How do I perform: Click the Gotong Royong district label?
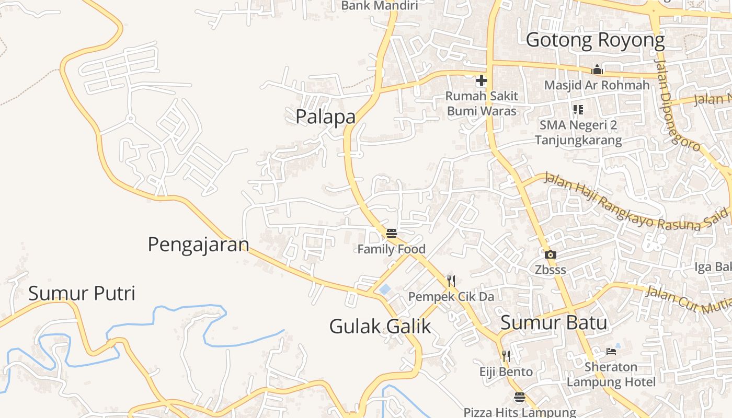pyautogui.click(x=595, y=40)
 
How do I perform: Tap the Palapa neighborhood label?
pyautogui.click(x=325, y=117)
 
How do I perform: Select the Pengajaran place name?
pyautogui.click(x=198, y=244)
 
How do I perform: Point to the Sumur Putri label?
pyautogui.click(x=82, y=293)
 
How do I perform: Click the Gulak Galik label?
pyautogui.click(x=380, y=327)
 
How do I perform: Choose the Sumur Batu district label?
pyautogui.click(x=554, y=322)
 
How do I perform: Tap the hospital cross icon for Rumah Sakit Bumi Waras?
pyautogui.click(x=481, y=80)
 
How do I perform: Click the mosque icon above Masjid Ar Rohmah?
pyautogui.click(x=597, y=70)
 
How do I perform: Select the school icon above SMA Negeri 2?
pyautogui.click(x=578, y=110)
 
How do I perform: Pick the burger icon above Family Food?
pyautogui.click(x=392, y=233)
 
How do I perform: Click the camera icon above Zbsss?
pyautogui.click(x=550, y=255)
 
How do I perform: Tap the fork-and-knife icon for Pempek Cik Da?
pyautogui.click(x=451, y=281)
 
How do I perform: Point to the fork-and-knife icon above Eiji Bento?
pyautogui.click(x=506, y=356)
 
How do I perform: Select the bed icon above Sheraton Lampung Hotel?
pyautogui.click(x=611, y=351)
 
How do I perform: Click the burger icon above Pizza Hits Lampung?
pyautogui.click(x=519, y=397)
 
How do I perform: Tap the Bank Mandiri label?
pyautogui.click(x=380, y=6)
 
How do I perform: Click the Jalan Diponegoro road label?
pyautogui.click(x=677, y=104)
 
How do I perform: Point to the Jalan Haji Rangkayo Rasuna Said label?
pyautogui.click(x=636, y=202)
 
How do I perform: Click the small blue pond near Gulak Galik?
pyautogui.click(x=385, y=289)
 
